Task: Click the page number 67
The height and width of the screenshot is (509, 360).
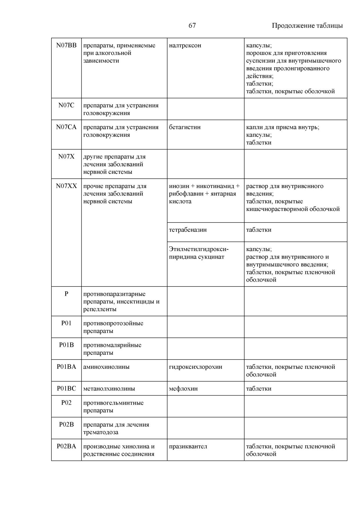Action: (192, 26)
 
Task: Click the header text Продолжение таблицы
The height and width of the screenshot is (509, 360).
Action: (307, 26)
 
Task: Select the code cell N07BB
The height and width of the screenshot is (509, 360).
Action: (66, 46)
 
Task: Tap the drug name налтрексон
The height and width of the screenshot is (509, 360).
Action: (185, 46)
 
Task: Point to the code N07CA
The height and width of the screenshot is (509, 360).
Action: (66, 127)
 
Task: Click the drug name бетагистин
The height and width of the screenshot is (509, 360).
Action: (184, 127)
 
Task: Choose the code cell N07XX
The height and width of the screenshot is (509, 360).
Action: (66, 186)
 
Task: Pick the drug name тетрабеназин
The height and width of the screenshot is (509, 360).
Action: (188, 230)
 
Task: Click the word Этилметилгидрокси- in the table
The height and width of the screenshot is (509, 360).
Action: (199, 249)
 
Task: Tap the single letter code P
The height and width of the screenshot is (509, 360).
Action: (66, 294)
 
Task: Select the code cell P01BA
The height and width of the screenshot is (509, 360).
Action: (66, 367)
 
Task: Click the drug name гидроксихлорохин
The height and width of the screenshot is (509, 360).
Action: (196, 367)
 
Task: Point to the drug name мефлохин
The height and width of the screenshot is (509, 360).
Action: (183, 389)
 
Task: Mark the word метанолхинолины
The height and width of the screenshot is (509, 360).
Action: (109, 389)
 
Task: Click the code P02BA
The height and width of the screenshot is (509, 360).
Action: (66, 446)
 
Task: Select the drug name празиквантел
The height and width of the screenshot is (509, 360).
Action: (188, 446)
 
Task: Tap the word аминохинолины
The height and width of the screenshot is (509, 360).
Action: (106, 367)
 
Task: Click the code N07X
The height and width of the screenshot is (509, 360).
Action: (66, 157)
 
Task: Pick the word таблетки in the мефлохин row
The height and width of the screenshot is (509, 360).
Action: (259, 389)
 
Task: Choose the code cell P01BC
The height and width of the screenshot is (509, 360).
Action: (66, 389)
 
